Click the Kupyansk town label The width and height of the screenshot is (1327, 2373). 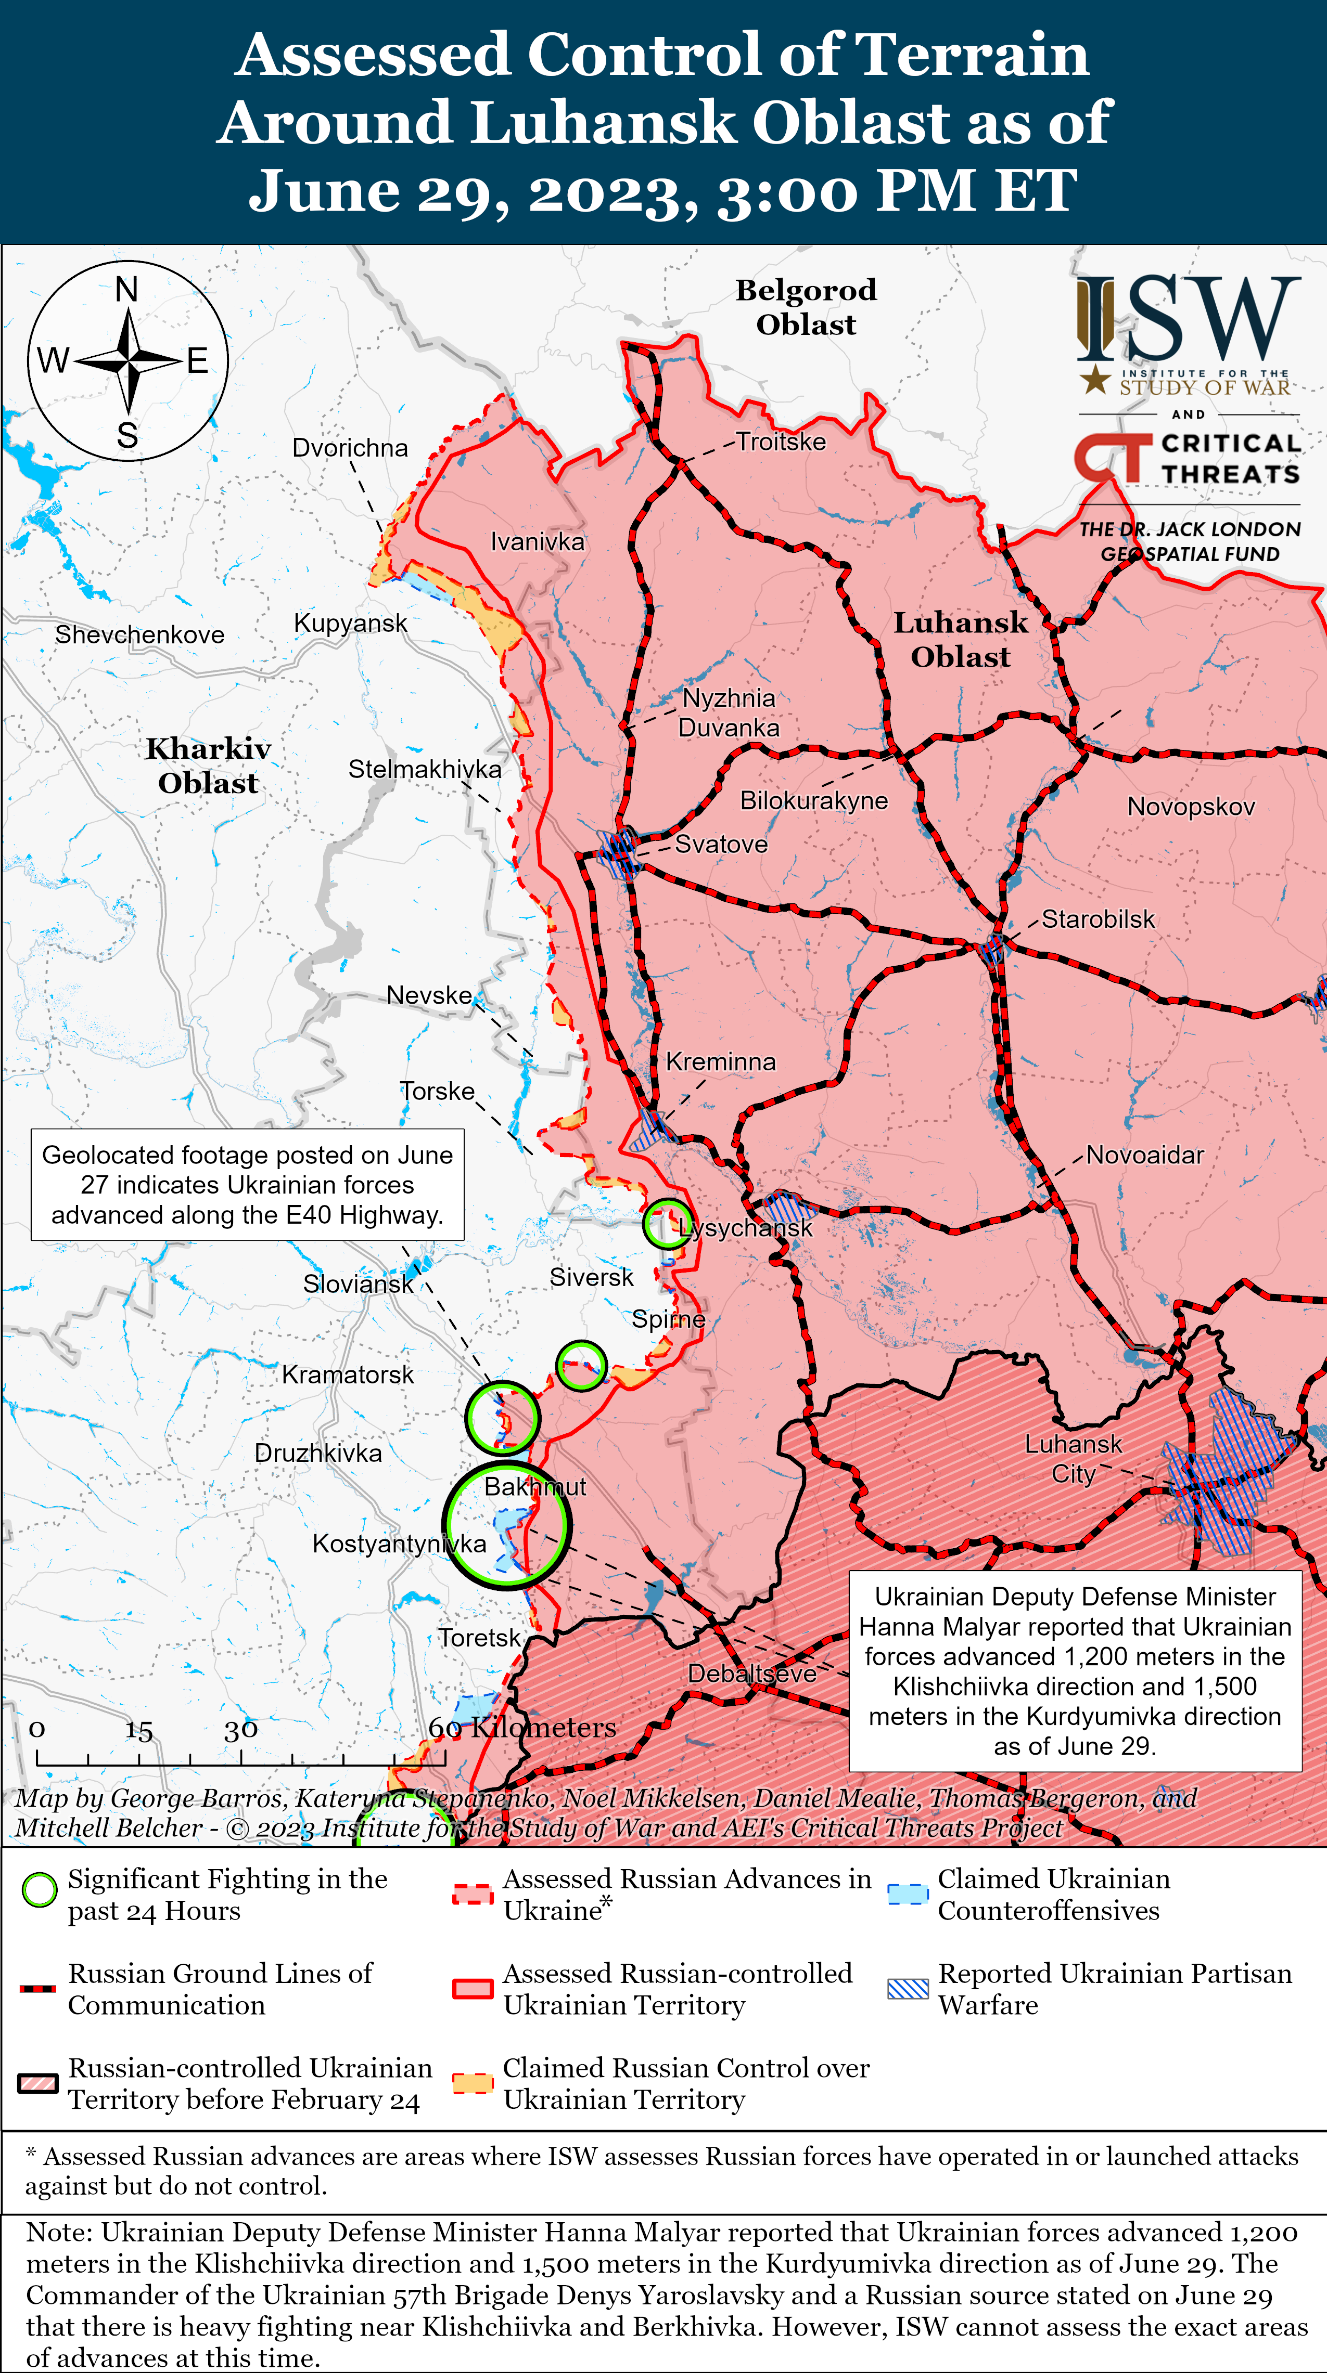click(x=350, y=624)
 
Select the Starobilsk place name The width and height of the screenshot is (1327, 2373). click(x=1098, y=919)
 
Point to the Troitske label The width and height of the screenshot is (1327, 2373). click(x=781, y=442)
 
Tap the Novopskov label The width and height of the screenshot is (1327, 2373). click(x=1191, y=807)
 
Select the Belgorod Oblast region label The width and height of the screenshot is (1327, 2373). click(x=806, y=307)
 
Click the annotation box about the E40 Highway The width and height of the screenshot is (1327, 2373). click(x=247, y=1185)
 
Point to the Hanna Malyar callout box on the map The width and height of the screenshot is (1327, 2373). click(x=1075, y=1671)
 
